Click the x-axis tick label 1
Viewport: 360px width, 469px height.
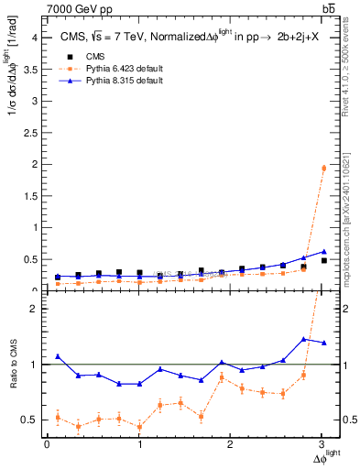coord(139,444)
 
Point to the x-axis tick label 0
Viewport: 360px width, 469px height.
coord(47,444)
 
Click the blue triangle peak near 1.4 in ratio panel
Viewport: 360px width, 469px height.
coord(303,339)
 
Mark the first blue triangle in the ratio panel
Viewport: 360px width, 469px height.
coord(58,356)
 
